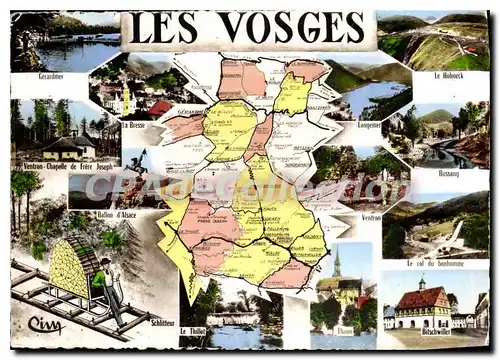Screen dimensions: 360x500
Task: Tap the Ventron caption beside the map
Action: (x=370, y=216)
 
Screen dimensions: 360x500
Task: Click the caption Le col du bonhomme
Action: (x=436, y=263)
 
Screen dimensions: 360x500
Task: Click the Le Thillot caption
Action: (x=194, y=330)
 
